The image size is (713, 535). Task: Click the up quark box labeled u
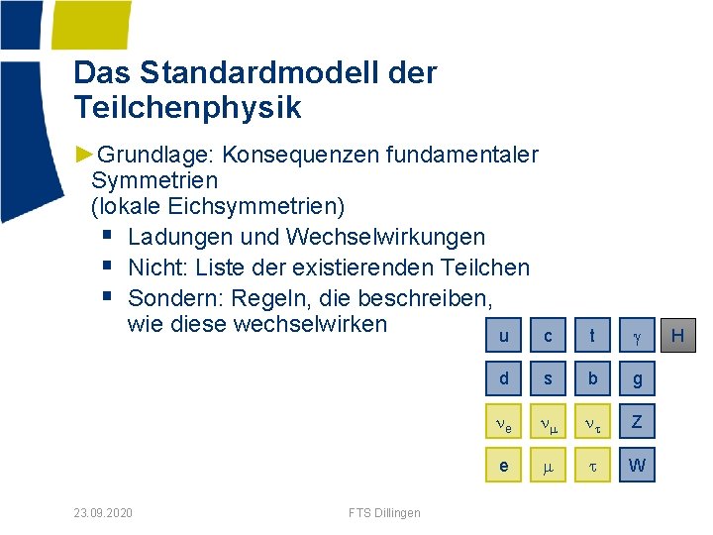504,336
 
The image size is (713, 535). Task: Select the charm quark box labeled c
548,336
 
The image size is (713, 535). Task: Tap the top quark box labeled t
592,336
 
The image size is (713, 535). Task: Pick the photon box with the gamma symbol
637,336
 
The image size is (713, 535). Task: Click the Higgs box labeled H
678,336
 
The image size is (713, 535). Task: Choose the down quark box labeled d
504,378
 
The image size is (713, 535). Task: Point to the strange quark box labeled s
548,378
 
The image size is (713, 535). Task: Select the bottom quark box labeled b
592,378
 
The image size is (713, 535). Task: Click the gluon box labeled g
637,378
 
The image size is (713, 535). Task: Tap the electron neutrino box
504,422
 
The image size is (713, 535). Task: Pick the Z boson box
637,422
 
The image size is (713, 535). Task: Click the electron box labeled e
504,465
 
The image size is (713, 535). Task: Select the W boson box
637,465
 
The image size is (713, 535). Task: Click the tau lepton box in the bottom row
592,465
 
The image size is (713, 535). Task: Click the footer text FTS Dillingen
384,512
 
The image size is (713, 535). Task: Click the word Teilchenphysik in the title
187,107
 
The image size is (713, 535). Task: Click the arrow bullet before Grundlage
84,155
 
